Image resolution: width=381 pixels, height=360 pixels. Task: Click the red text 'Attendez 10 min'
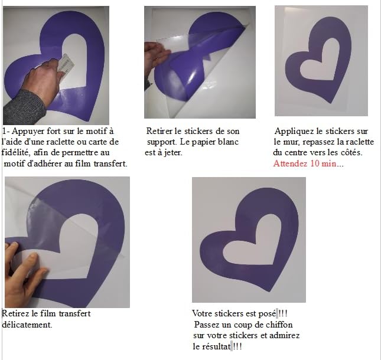pos(305,163)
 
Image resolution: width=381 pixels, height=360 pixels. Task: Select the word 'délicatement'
pos(27,325)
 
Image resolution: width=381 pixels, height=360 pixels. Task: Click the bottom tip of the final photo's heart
pos(269,292)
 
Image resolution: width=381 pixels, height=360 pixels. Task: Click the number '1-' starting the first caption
pos(6,132)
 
